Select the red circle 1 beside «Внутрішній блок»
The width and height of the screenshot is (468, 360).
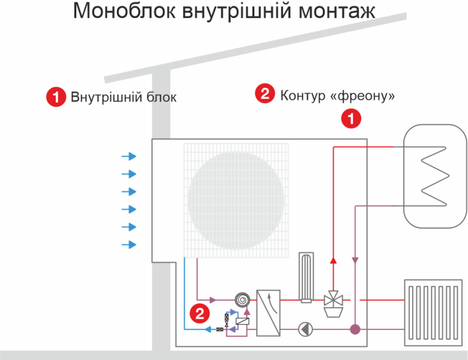tap(56, 97)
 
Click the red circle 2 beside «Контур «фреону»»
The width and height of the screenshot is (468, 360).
tap(265, 94)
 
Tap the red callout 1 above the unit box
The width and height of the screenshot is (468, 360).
tap(352, 118)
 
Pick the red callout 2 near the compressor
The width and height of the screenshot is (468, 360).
tap(199, 312)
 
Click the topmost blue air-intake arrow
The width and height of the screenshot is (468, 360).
tap(129, 157)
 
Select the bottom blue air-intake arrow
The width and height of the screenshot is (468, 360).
tap(129, 244)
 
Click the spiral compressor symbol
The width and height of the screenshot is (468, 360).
tap(242, 299)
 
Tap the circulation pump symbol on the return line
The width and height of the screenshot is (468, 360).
tap(306, 329)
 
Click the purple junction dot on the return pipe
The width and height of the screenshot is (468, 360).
tap(355, 329)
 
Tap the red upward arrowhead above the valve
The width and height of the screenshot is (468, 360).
tap(333, 261)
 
